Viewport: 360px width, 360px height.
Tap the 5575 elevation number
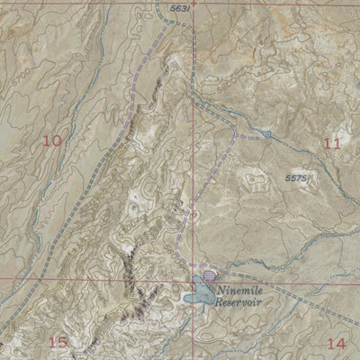point(299,179)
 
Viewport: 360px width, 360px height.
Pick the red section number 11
point(332,142)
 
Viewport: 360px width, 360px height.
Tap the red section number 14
point(337,342)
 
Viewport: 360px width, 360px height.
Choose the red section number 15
point(58,342)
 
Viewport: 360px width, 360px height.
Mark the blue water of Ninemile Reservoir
point(199,294)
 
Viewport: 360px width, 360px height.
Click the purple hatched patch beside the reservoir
point(210,277)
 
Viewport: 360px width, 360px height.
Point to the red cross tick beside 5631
point(192,4)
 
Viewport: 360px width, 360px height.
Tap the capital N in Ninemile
point(221,290)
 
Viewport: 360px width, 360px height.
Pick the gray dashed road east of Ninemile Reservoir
point(297,297)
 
